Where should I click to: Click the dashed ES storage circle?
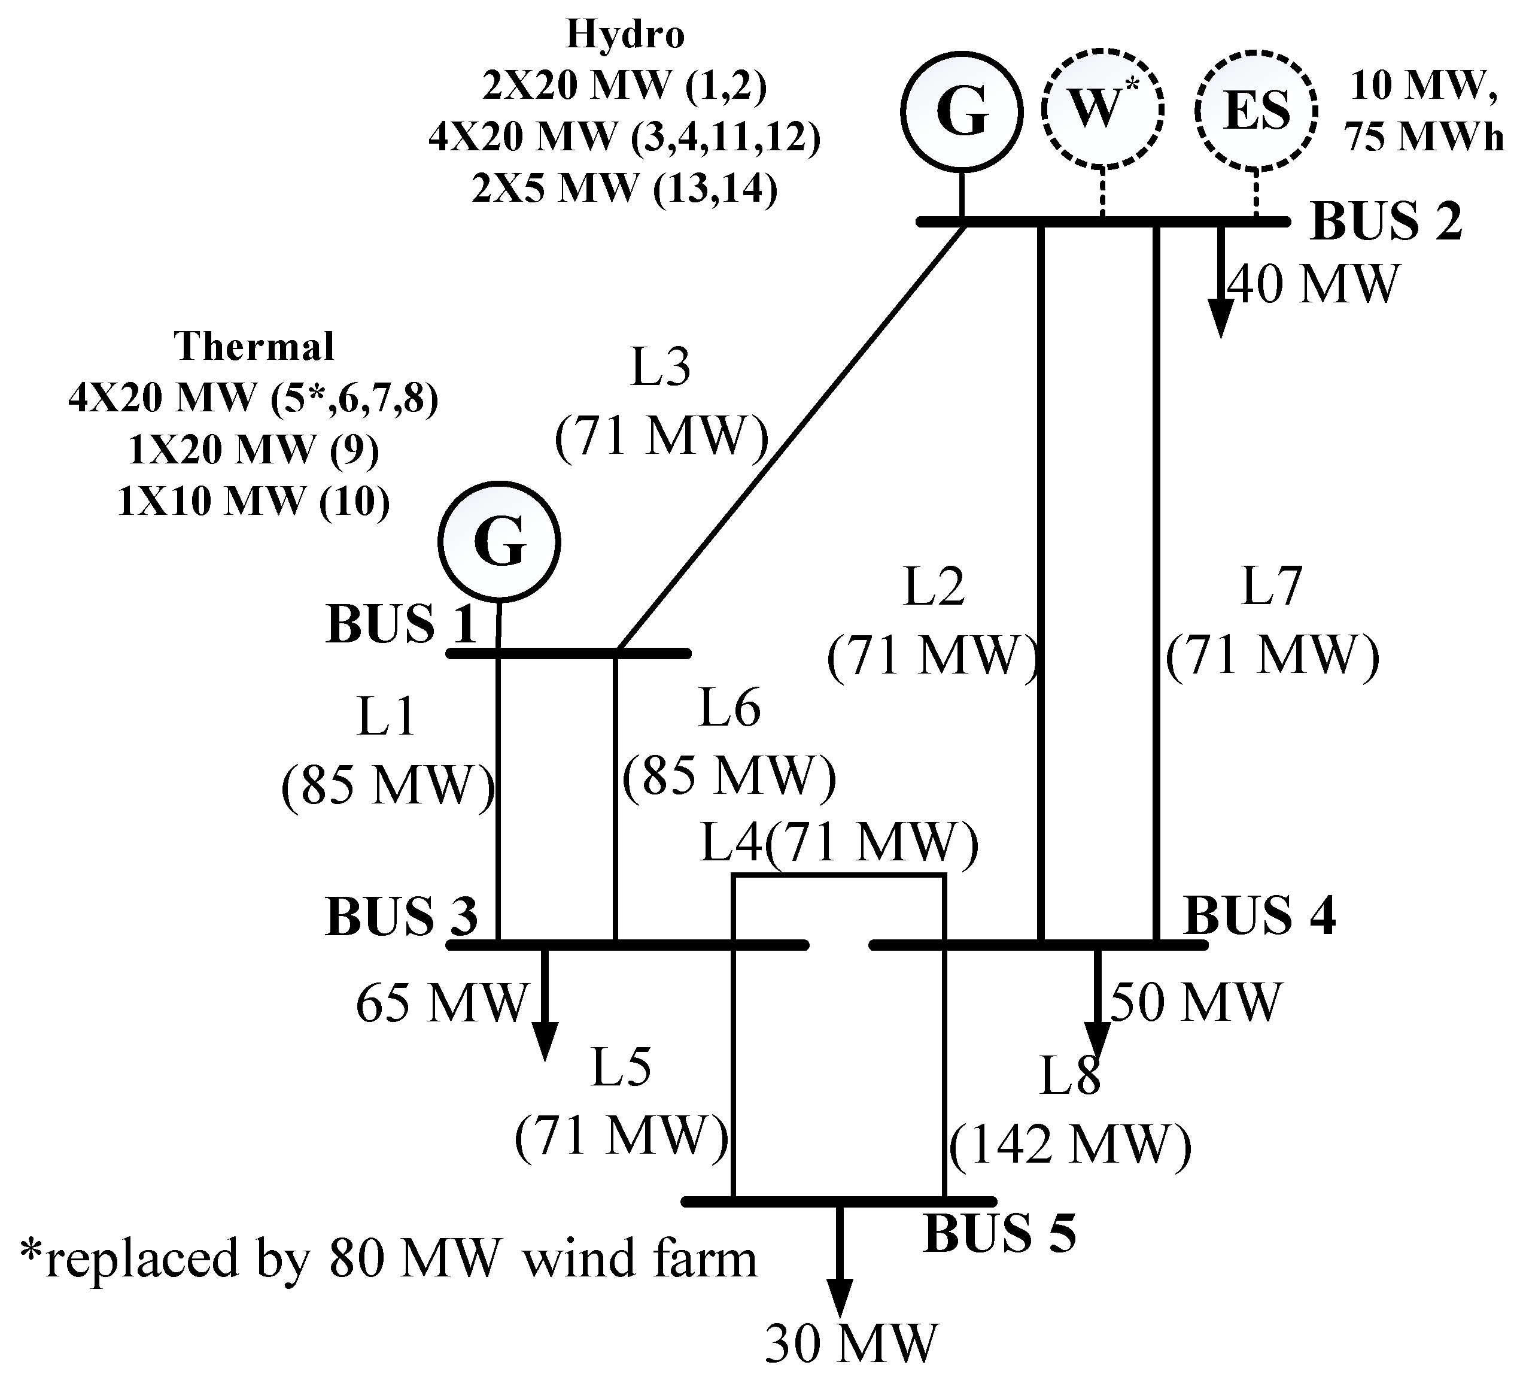pyautogui.click(x=1256, y=110)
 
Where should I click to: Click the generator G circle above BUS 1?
pyautogui.click(x=499, y=542)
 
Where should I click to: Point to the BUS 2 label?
pyautogui.click(x=1387, y=222)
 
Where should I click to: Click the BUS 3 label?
pyautogui.click(x=401, y=916)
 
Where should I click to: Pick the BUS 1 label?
pyautogui.click(x=401, y=624)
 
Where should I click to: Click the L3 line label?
pyautogui.click(x=660, y=368)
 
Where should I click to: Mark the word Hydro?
pyautogui.click(x=625, y=35)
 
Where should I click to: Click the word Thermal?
pyautogui.click(x=254, y=347)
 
